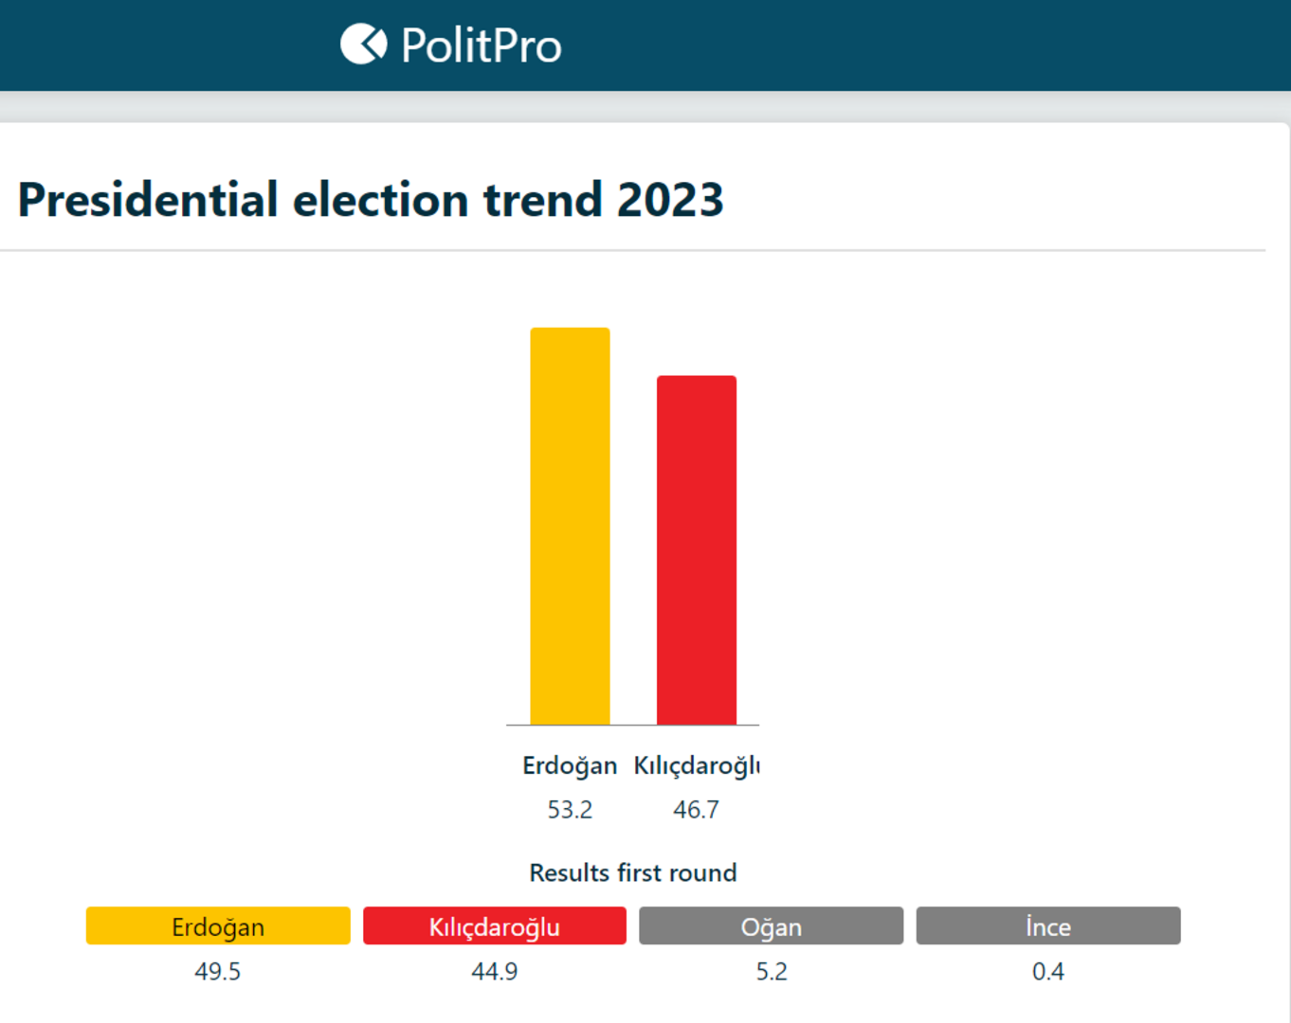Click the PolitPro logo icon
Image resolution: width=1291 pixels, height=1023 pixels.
click(x=363, y=44)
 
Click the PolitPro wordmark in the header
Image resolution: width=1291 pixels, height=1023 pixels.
click(x=481, y=45)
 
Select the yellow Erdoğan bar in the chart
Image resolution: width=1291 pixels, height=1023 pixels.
click(x=570, y=526)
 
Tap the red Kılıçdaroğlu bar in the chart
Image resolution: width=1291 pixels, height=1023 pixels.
click(x=697, y=549)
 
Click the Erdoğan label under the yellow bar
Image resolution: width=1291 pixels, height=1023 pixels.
click(x=570, y=765)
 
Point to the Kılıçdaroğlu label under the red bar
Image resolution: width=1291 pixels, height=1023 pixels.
click(x=697, y=765)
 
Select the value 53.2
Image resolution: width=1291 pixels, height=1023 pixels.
click(x=570, y=810)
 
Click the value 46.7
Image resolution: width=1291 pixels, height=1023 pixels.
click(x=697, y=810)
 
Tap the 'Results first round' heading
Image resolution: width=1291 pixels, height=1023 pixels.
click(x=632, y=872)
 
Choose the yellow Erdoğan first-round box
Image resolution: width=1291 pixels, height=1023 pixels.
click(x=218, y=925)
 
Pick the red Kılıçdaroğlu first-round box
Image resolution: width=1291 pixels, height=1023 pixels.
click(x=495, y=925)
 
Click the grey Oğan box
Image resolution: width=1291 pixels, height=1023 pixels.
click(x=771, y=925)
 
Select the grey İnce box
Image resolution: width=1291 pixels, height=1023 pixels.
click(x=1048, y=925)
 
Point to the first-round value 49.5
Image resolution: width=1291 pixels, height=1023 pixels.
click(x=218, y=972)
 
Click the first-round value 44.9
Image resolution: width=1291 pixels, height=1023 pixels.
click(x=495, y=972)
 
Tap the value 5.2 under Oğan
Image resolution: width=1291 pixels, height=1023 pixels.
click(x=771, y=972)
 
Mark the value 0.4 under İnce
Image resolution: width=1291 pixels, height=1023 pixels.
click(x=1048, y=972)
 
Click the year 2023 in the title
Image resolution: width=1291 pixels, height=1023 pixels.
click(x=670, y=200)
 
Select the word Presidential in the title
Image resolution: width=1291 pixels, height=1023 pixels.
click(x=148, y=200)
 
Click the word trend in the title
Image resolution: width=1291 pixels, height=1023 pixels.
click(x=542, y=200)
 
